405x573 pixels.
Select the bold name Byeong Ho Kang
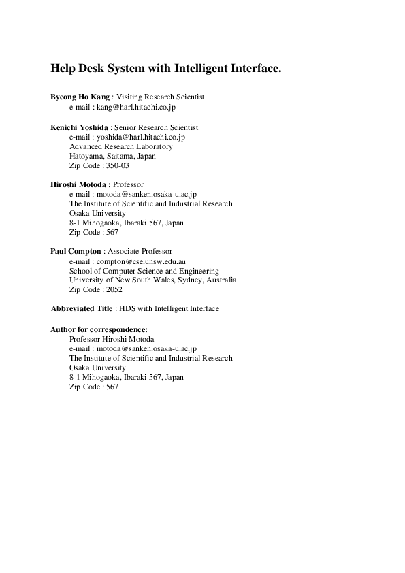(80, 97)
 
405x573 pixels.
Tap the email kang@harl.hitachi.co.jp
(137, 107)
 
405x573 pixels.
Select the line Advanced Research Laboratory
(121, 146)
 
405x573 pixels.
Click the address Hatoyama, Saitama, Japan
(112, 156)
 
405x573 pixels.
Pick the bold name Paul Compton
(76, 251)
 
